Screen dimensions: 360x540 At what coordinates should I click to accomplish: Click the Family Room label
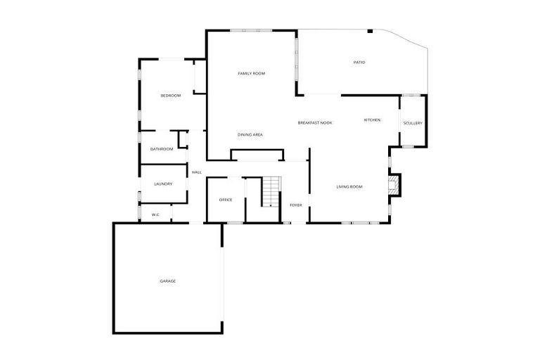point(251,74)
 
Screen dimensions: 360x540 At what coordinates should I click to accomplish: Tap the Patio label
point(359,63)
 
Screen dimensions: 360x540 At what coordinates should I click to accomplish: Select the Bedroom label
point(170,96)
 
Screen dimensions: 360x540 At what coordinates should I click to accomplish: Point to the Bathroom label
point(162,149)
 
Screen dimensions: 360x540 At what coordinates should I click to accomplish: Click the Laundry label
point(163,184)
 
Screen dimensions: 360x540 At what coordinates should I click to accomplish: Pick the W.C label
point(155,214)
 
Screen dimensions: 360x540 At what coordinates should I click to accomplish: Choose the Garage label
point(167,281)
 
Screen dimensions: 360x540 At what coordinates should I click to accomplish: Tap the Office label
point(226,200)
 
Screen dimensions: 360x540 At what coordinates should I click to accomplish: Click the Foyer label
point(296,205)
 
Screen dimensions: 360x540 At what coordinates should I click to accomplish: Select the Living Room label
point(349,186)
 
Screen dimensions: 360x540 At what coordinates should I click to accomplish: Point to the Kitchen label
point(372,120)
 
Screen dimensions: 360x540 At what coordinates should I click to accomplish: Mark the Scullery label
point(413,124)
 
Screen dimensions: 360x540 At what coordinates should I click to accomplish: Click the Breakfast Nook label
point(314,123)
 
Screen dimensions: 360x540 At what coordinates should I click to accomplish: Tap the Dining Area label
point(250,134)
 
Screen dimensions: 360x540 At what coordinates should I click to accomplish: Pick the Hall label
point(197,172)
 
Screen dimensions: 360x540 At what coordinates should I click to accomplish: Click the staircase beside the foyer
point(271,192)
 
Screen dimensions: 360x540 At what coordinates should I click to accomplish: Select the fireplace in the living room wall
point(396,185)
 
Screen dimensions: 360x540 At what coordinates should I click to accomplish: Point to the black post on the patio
point(370,31)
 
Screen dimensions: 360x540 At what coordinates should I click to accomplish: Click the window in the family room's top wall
point(252,30)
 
